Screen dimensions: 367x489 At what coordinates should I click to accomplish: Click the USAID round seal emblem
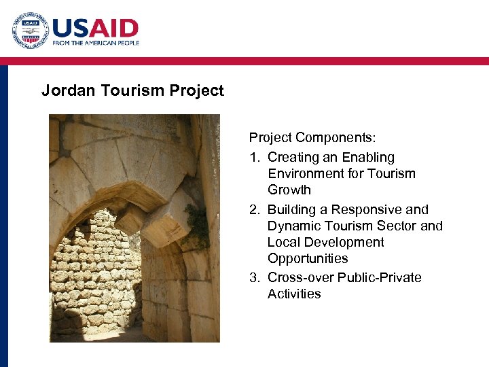(x=29, y=31)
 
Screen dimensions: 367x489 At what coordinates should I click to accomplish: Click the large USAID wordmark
(x=95, y=29)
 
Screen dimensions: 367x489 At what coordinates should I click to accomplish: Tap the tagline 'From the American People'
(x=96, y=43)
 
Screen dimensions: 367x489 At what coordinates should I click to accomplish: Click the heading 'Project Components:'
(x=312, y=138)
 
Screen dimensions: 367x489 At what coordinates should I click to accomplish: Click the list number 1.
(x=254, y=158)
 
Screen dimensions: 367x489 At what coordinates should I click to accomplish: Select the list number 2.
(x=254, y=210)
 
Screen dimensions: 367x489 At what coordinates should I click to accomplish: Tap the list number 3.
(x=254, y=278)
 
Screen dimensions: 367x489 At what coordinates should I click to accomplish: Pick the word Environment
(x=306, y=174)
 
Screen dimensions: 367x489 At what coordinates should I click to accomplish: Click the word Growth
(x=289, y=190)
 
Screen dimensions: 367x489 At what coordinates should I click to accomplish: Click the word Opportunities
(x=308, y=259)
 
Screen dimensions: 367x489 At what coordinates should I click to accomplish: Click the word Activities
(x=294, y=294)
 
